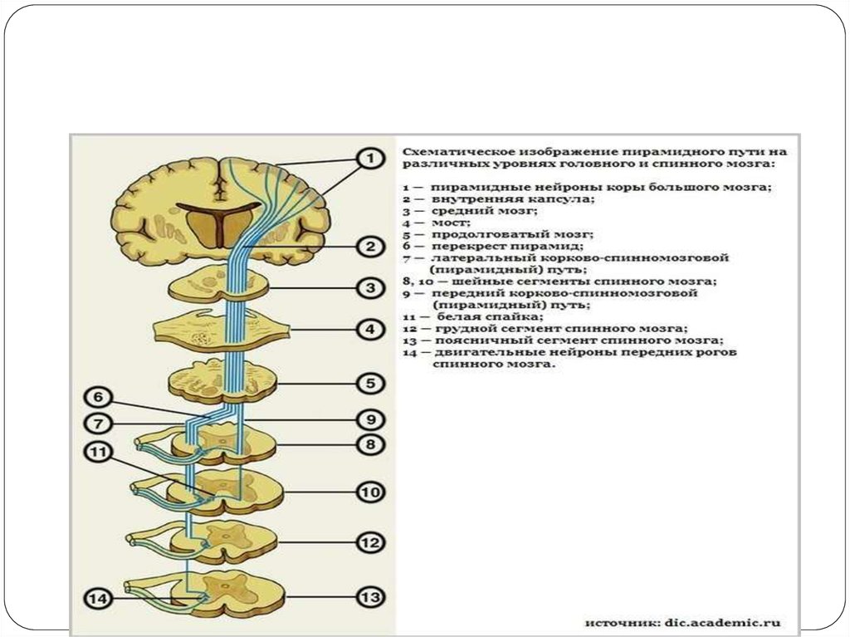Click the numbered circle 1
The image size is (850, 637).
point(371,158)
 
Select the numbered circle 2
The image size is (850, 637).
point(371,247)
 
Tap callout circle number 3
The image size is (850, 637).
point(371,288)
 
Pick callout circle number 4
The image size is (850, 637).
point(371,330)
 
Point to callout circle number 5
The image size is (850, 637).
point(371,384)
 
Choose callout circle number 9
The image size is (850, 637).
point(371,418)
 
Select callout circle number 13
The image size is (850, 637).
point(371,597)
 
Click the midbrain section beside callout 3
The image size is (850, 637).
point(217,287)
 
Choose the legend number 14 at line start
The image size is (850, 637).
point(409,352)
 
